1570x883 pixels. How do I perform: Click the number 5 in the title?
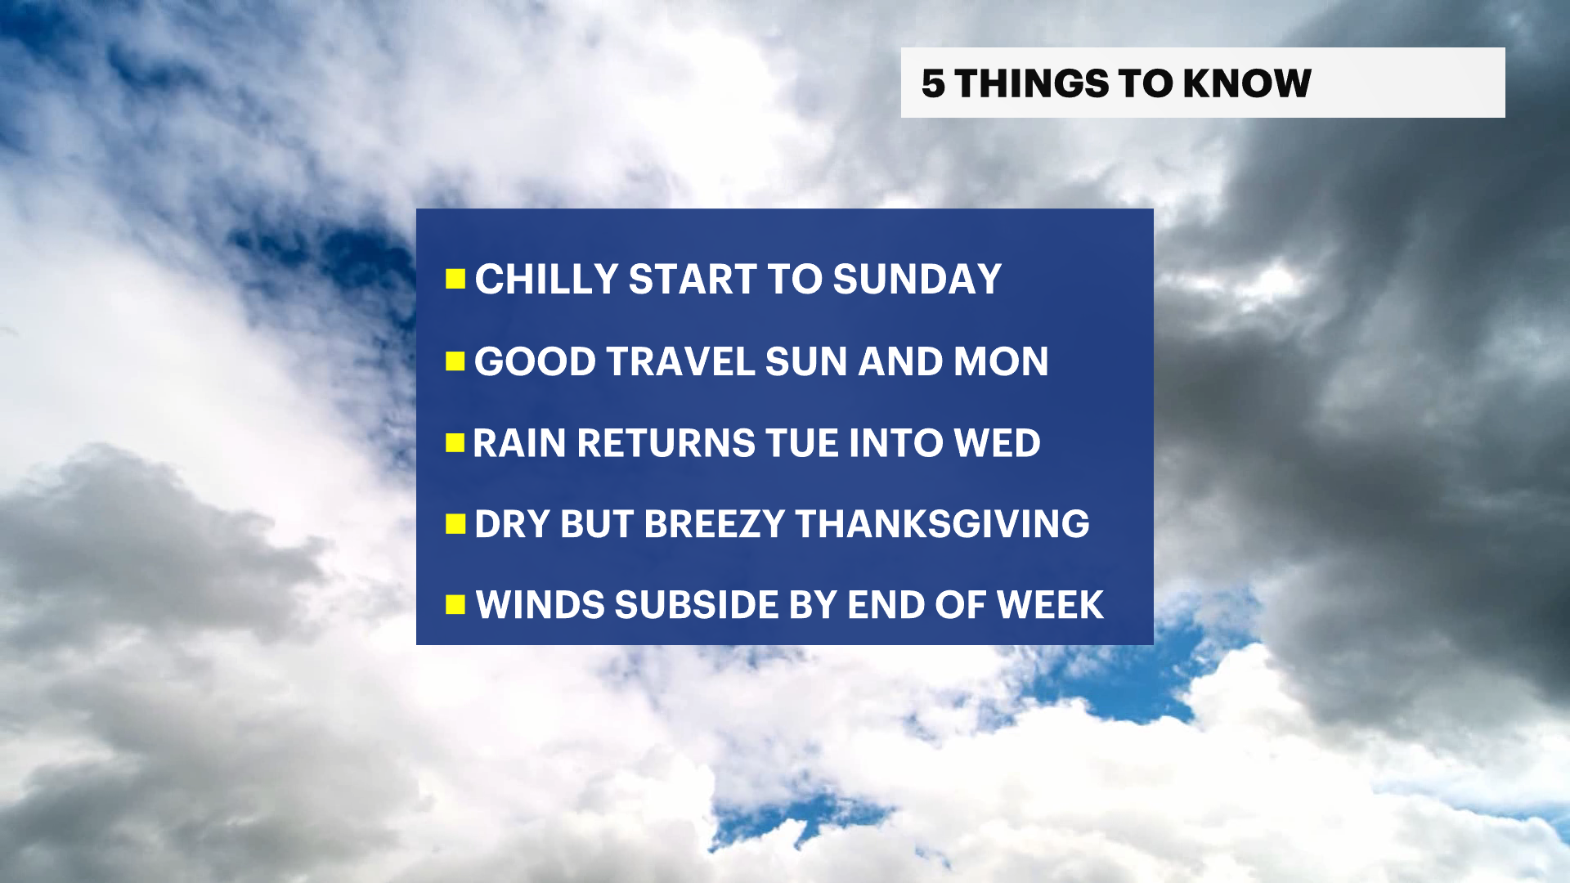pyautogui.click(x=933, y=83)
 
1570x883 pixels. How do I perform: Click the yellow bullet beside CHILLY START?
pyautogui.click(x=455, y=280)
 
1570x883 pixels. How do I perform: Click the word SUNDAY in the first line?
pyautogui.click(x=917, y=280)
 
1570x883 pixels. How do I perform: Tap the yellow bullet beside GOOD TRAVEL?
pyautogui.click(x=455, y=361)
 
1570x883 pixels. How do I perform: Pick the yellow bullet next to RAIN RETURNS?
pyautogui.click(x=455, y=443)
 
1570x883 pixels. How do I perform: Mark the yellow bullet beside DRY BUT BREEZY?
pyautogui.click(x=455, y=524)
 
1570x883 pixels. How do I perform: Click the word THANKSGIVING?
pyautogui.click(x=942, y=524)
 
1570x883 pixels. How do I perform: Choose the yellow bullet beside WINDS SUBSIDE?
pyautogui.click(x=455, y=605)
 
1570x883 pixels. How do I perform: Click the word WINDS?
pyautogui.click(x=541, y=605)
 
